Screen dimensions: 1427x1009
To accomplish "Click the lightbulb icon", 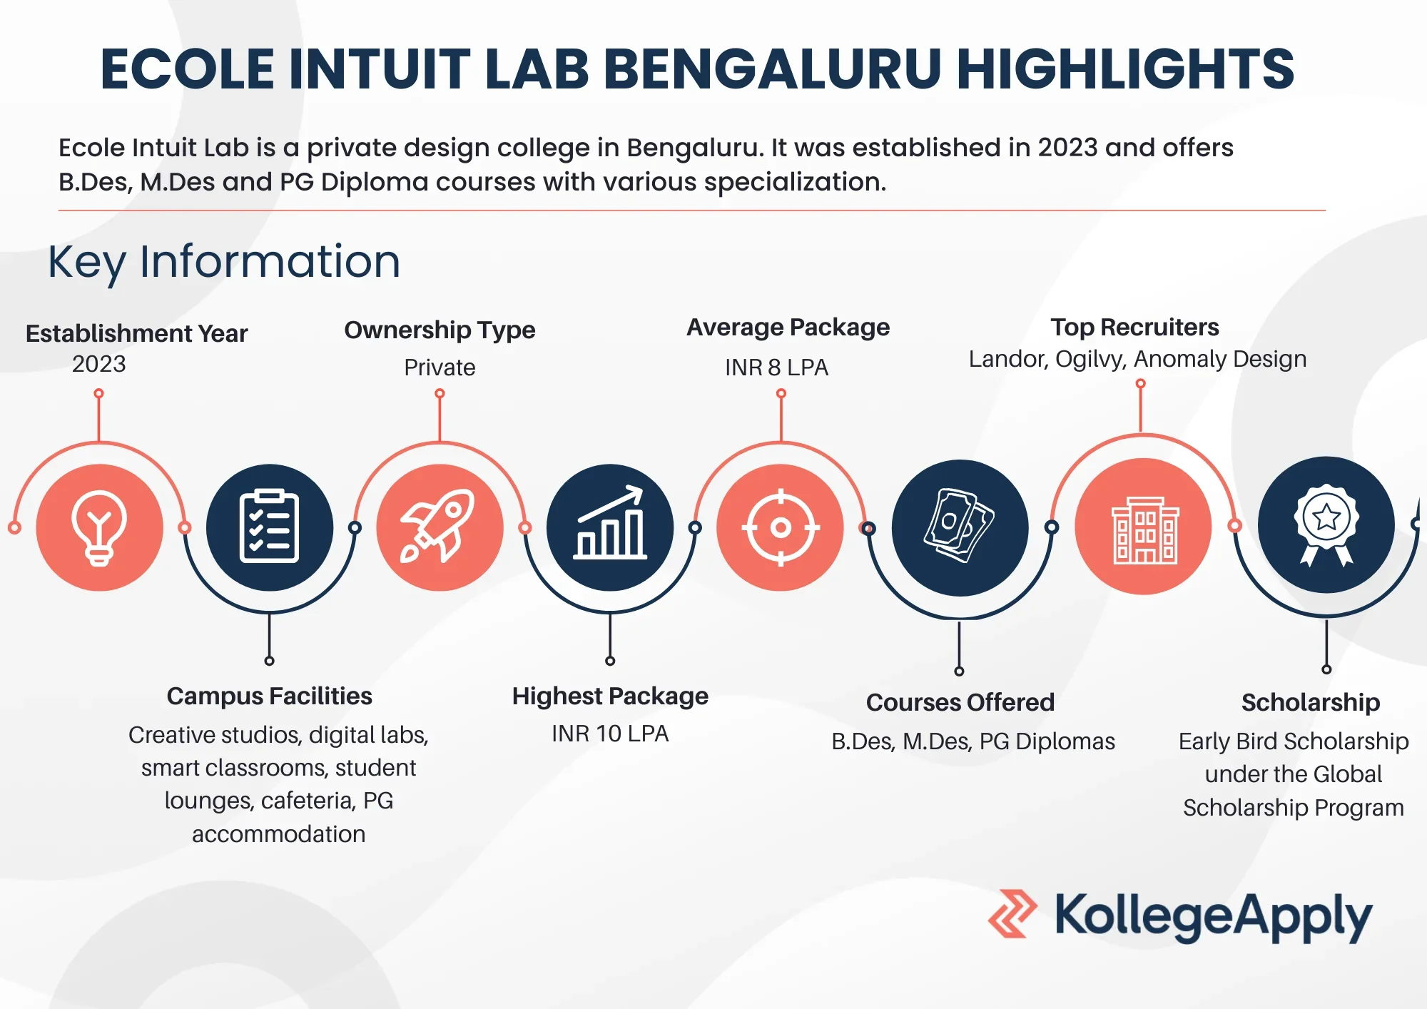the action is [99, 528].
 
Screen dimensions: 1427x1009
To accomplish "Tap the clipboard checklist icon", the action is [269, 527].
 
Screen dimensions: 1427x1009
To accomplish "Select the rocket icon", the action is [438, 526].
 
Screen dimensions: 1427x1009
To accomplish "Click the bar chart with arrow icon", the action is [611, 522].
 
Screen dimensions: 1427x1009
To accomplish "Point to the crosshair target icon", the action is [781, 527].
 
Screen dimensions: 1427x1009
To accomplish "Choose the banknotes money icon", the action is [960, 526].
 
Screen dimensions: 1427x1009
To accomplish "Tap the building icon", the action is [1144, 530].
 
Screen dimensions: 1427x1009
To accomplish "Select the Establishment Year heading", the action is [136, 333].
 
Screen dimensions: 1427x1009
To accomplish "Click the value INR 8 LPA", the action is [776, 367].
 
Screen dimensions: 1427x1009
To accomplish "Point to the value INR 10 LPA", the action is [610, 734].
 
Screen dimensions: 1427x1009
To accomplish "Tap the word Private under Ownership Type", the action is [440, 367].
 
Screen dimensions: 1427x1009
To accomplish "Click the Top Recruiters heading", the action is [1134, 327].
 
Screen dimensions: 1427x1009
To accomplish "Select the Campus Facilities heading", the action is [270, 696].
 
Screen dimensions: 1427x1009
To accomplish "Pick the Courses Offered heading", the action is [960, 702].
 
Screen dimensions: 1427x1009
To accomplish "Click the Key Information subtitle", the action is [224, 262].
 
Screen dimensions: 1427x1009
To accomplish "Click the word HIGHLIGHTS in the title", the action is [1125, 69].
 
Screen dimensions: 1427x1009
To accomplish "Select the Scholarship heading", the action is [1311, 702].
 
